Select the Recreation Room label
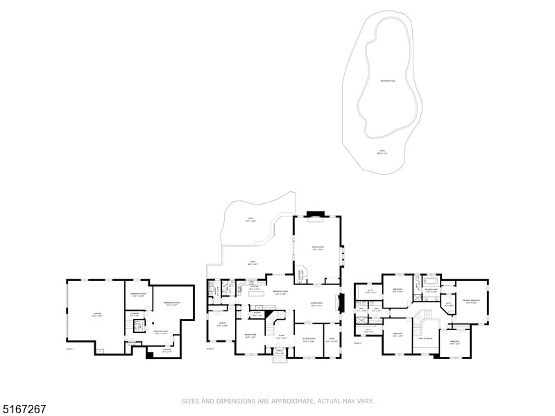pos(172,304)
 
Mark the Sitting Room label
pos(309,340)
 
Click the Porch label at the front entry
pos(280,352)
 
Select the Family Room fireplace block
pos(317,214)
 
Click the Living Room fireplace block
pos(340,303)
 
